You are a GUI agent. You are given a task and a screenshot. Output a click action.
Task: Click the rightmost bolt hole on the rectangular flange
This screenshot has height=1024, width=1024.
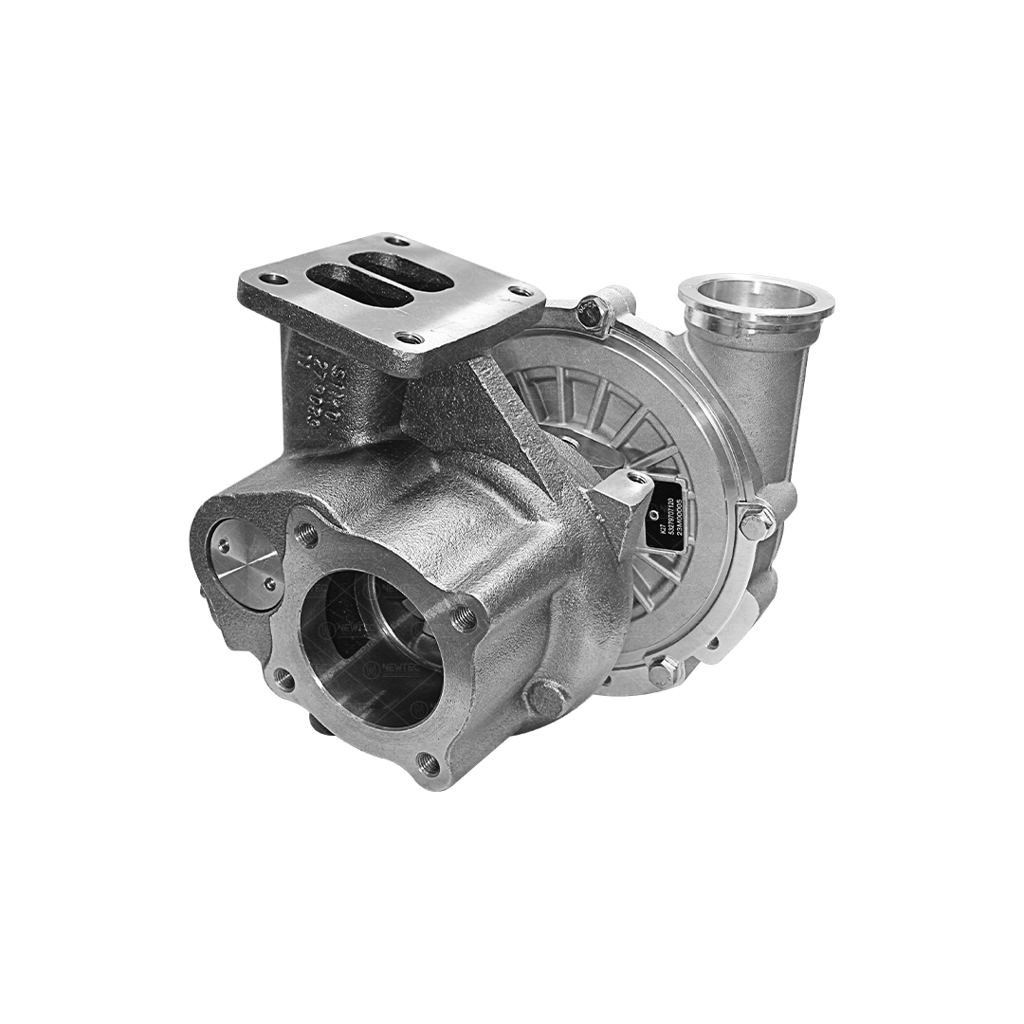[521, 291]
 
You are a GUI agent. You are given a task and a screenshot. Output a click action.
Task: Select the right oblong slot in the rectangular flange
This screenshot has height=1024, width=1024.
[399, 268]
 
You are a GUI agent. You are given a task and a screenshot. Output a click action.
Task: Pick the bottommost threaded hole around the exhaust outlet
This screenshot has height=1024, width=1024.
[429, 762]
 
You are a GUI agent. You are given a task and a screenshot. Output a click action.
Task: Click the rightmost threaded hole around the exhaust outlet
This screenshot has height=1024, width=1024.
[464, 619]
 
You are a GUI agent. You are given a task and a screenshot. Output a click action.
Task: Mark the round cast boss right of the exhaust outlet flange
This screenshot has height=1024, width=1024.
[546, 697]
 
